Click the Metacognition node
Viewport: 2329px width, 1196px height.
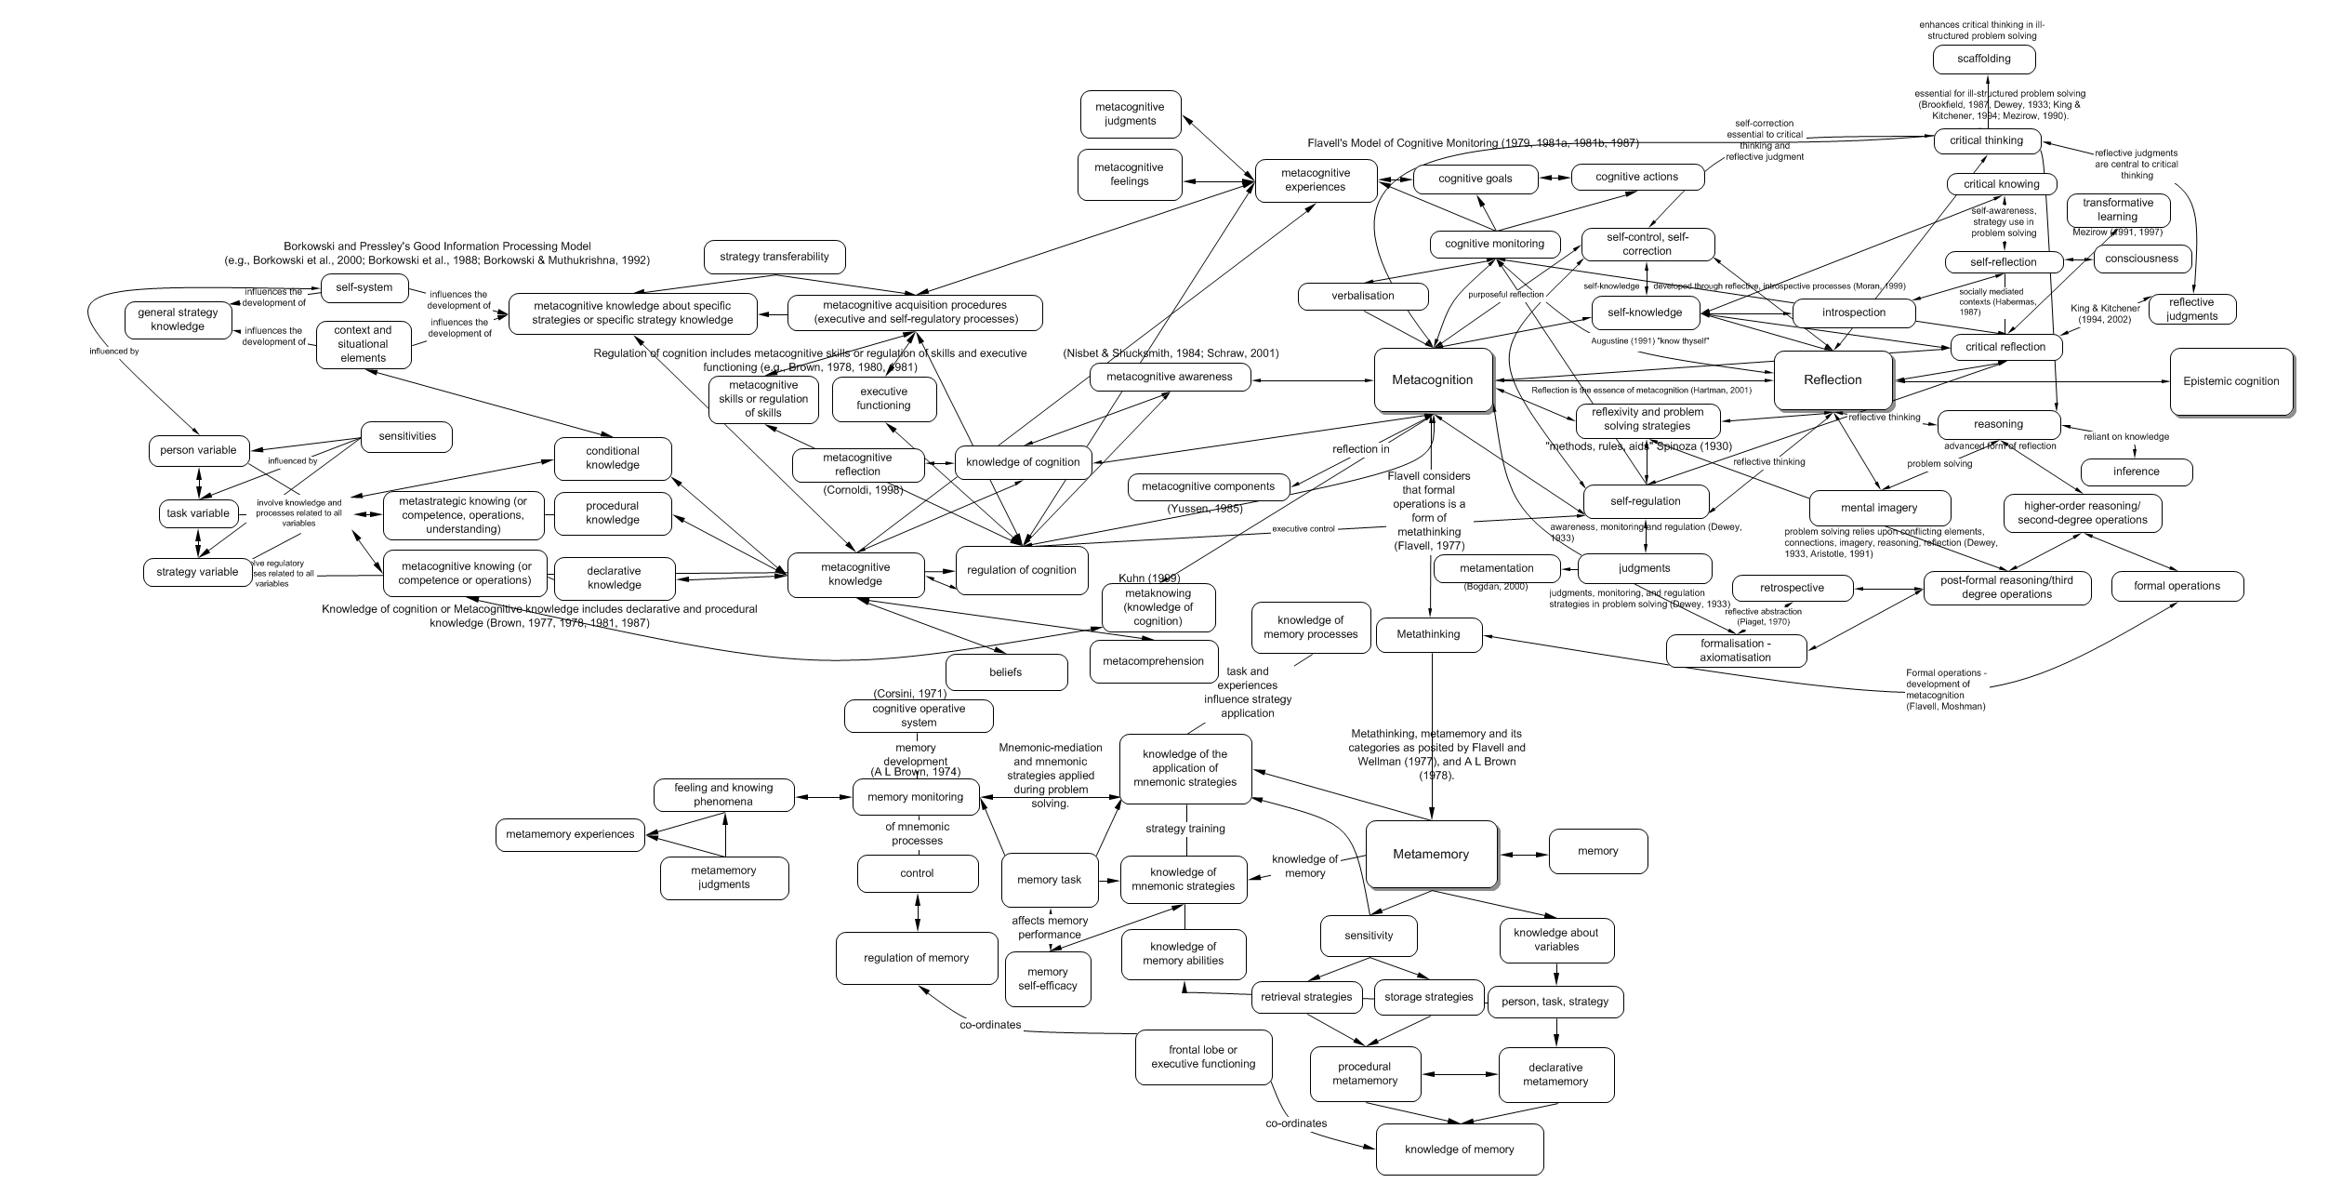click(x=1432, y=379)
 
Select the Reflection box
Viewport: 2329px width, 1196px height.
click(x=1833, y=379)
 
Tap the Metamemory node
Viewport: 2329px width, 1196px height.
click(x=1431, y=854)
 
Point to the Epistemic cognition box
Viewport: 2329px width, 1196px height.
click(x=2230, y=381)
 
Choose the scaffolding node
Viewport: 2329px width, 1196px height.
click(x=1983, y=59)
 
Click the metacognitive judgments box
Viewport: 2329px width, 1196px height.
click(x=1131, y=114)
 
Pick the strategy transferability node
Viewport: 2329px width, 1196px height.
click(x=774, y=257)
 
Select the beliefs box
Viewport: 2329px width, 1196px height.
click(x=1006, y=672)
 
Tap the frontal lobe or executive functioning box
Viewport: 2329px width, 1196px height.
click(x=1203, y=1057)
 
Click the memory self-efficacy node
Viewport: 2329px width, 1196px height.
click(x=1048, y=978)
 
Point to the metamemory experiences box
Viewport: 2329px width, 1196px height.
click(x=570, y=834)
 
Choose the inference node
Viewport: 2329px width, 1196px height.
click(x=2136, y=472)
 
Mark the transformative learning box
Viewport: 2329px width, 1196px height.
click(x=2118, y=209)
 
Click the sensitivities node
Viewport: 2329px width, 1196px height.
click(x=407, y=436)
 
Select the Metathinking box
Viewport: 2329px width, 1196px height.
click(x=1429, y=634)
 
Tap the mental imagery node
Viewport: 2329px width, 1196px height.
click(x=1879, y=508)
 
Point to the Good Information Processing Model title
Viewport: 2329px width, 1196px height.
click(x=437, y=253)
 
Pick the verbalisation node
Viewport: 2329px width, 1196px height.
click(x=1363, y=296)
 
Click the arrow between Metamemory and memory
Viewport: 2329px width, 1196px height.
click(x=1524, y=854)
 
